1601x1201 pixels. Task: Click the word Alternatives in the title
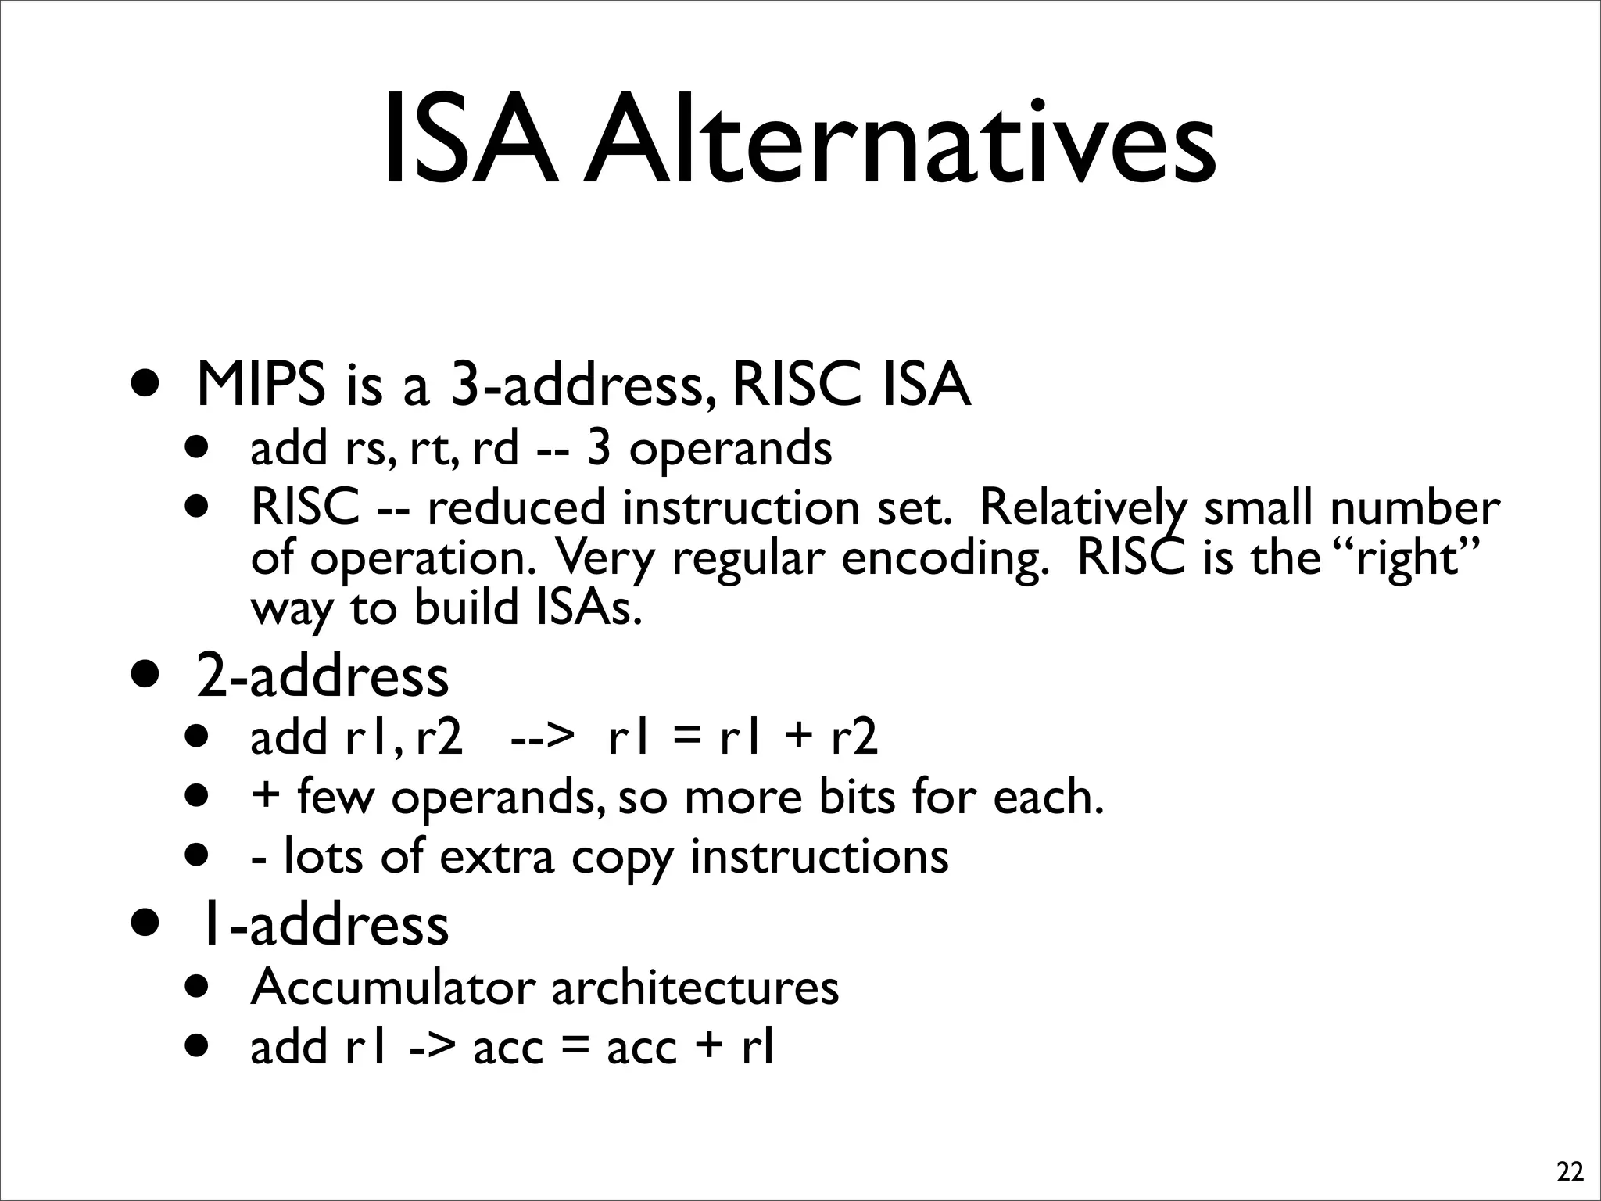(x=899, y=141)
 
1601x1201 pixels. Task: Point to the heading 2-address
(x=322, y=676)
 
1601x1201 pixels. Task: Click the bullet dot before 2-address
(x=147, y=675)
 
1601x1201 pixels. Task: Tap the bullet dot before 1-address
(x=147, y=923)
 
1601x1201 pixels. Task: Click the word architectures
(x=695, y=987)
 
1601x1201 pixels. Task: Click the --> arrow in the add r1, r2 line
(x=542, y=737)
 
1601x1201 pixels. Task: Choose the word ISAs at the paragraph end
(x=589, y=608)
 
